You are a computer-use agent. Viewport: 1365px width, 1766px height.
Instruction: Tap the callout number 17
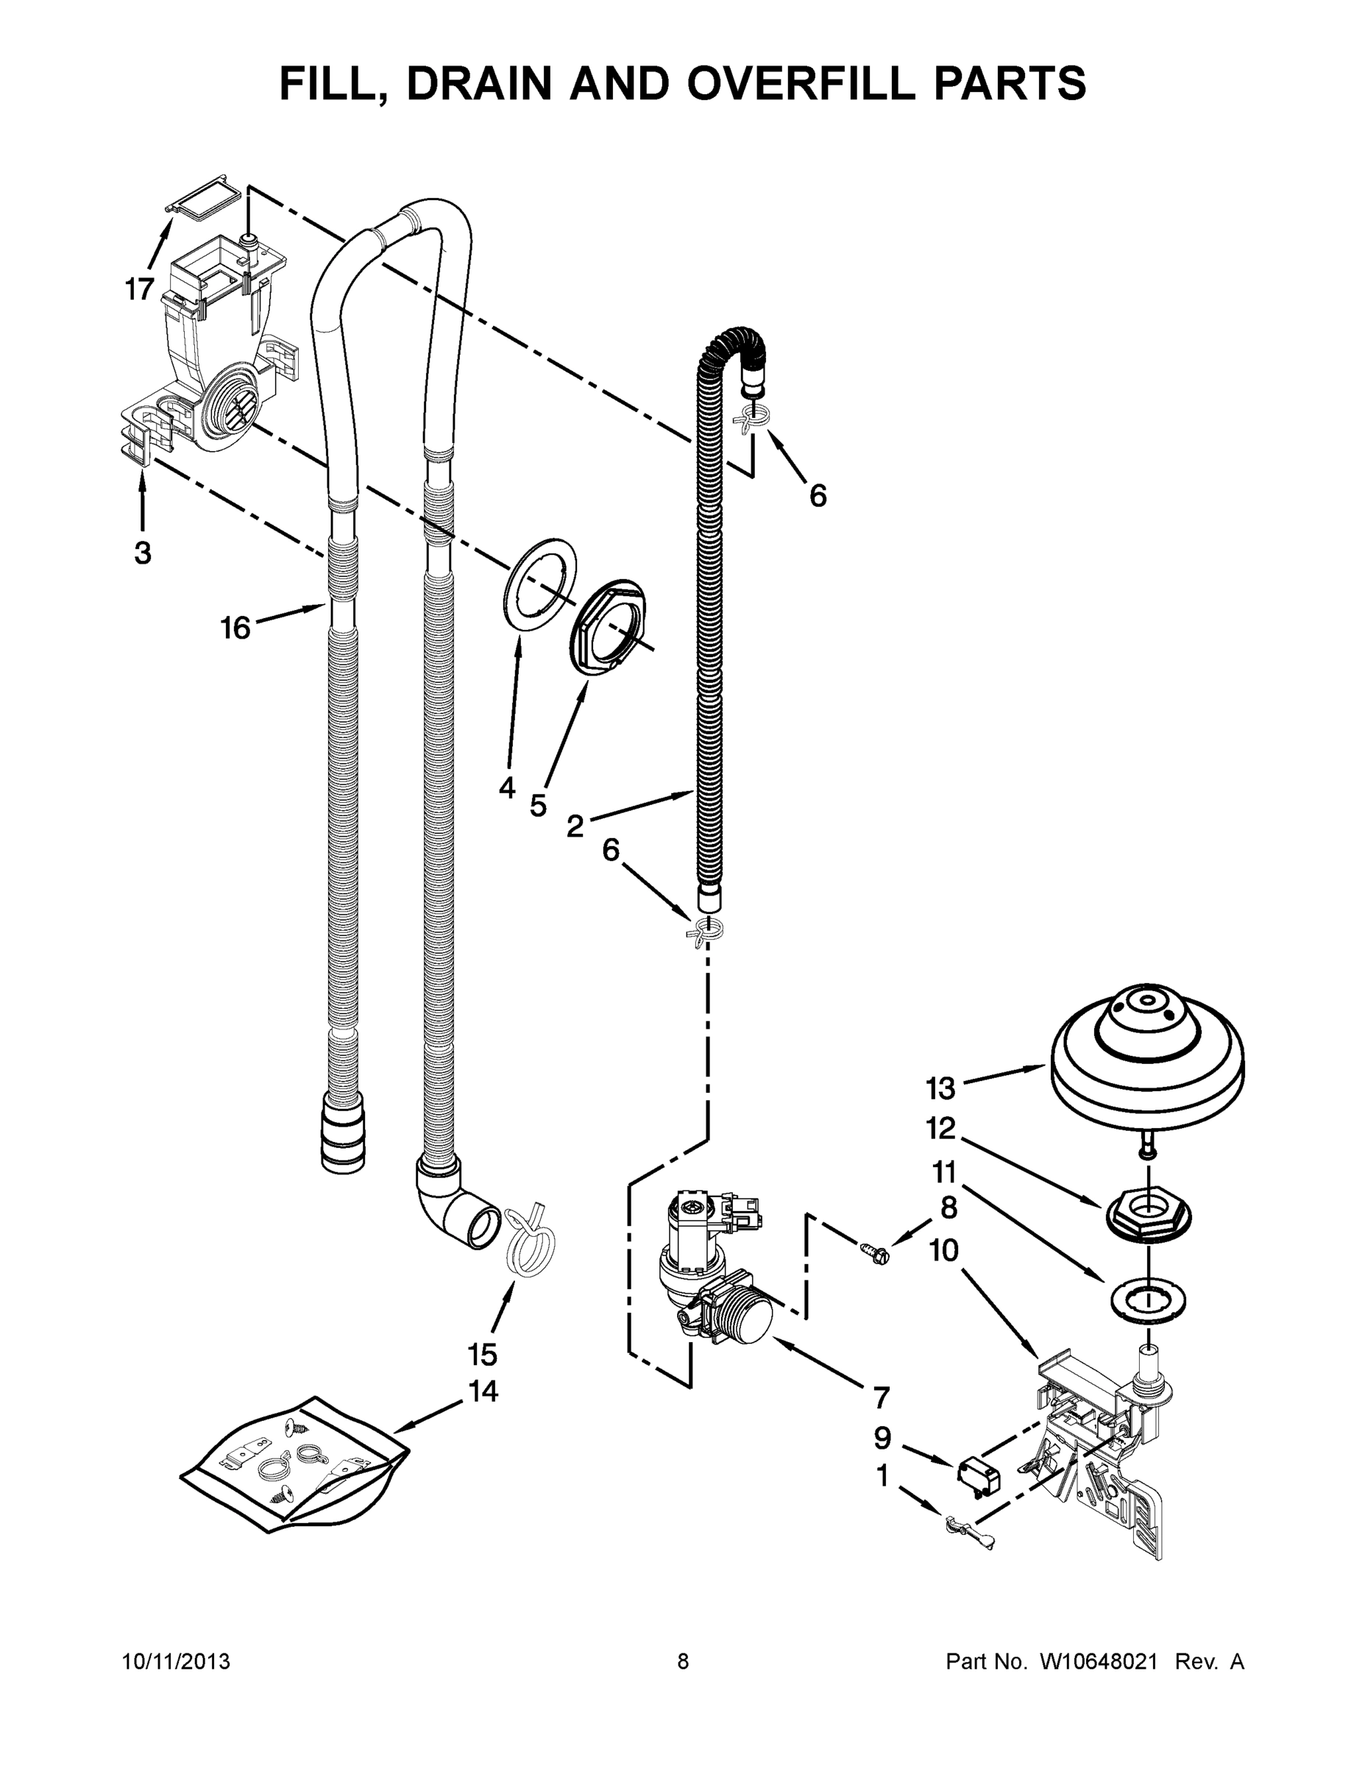(139, 288)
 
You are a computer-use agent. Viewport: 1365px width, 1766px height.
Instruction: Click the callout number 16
(235, 627)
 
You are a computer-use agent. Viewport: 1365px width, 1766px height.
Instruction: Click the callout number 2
(575, 826)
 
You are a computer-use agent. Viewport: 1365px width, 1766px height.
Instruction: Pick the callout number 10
(943, 1251)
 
